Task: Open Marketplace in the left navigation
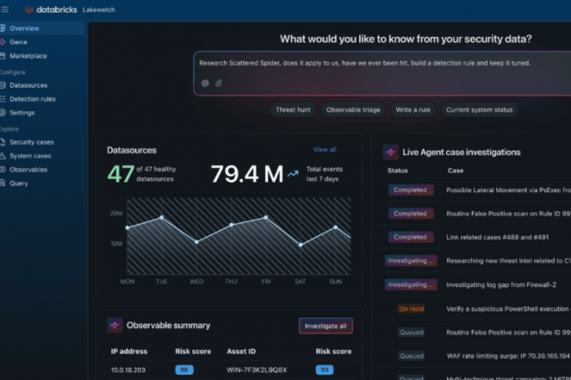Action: (28, 55)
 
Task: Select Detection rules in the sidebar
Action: (32, 99)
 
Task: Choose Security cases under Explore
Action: (32, 142)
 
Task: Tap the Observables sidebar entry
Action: (28, 169)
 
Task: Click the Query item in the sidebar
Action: (18, 183)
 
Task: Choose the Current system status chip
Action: (479, 110)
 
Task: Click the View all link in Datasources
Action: (324, 150)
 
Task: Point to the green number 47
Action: (120, 174)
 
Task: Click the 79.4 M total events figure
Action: (246, 174)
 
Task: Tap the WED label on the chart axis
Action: (196, 282)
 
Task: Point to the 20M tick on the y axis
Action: (116, 213)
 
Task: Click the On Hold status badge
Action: (410, 309)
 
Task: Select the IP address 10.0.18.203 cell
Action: (129, 369)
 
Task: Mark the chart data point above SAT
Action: (300, 245)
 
